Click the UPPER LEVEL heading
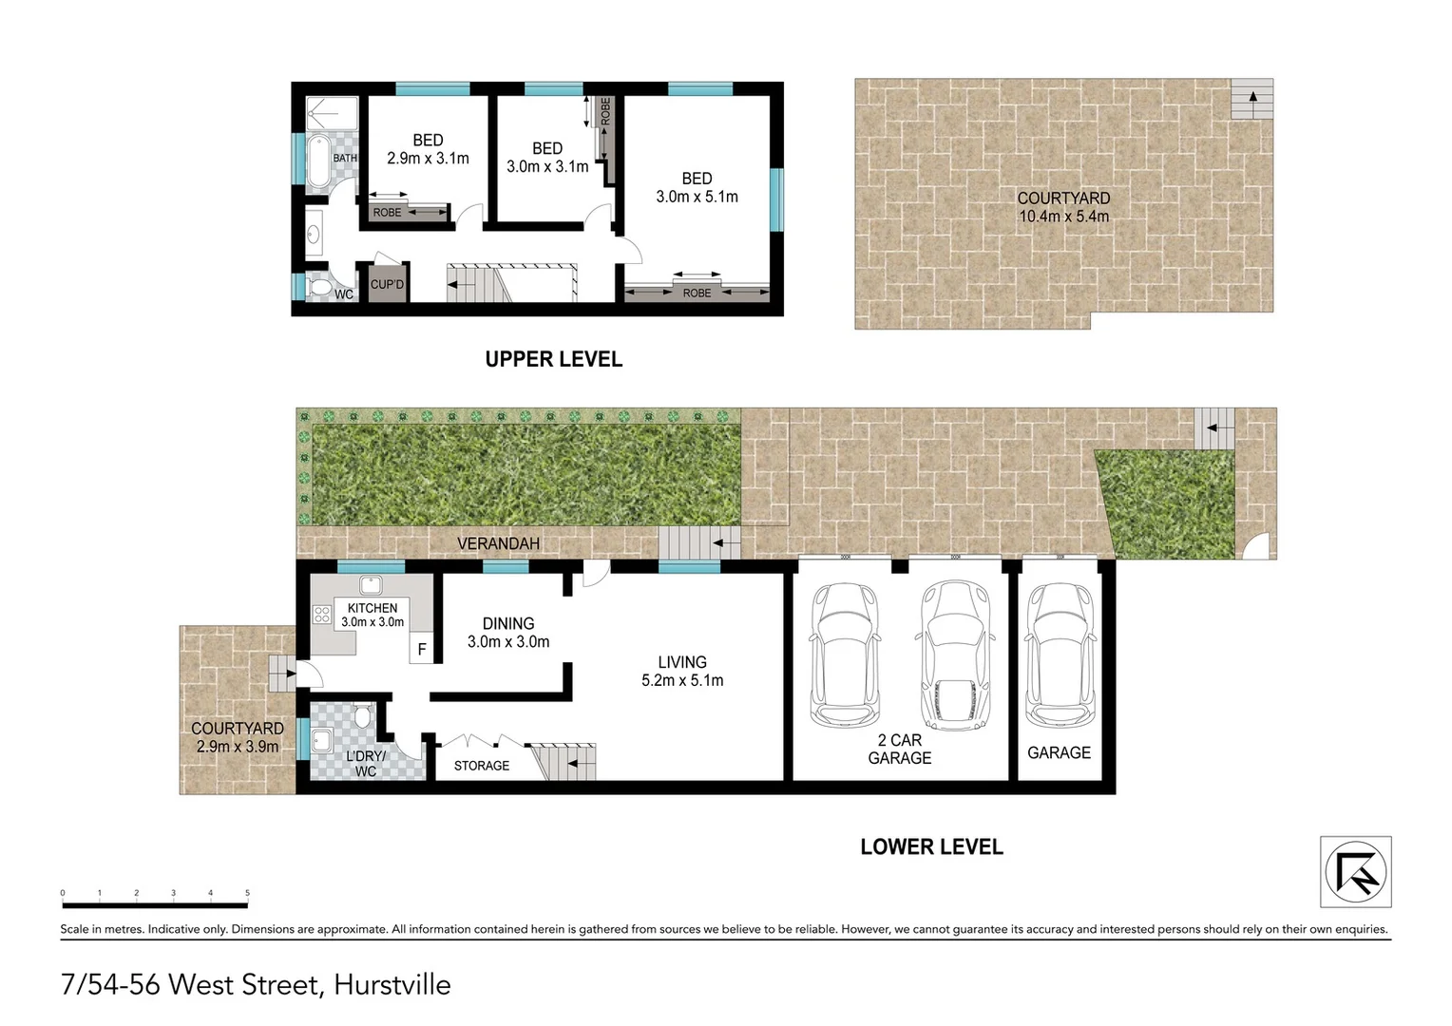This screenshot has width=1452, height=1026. click(x=553, y=359)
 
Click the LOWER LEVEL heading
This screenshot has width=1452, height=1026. click(x=931, y=846)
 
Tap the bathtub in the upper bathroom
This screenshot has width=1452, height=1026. click(x=317, y=161)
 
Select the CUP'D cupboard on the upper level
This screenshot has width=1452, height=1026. click(x=387, y=284)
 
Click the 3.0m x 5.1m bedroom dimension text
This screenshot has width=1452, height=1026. click(x=697, y=197)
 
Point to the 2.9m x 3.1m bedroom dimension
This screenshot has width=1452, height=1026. click(x=428, y=159)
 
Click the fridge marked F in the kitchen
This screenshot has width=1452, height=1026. click(x=422, y=650)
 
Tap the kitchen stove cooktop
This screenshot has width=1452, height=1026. click(x=322, y=615)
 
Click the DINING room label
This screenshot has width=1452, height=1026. click(x=508, y=623)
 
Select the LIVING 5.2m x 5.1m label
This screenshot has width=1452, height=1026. click(x=682, y=671)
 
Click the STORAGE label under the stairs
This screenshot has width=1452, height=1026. click(x=481, y=766)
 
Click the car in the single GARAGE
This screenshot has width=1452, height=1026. click(x=1059, y=656)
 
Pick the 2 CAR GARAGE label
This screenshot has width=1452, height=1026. click(x=899, y=749)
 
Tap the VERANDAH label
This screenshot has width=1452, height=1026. click(x=498, y=543)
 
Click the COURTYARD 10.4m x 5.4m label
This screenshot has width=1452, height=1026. click(x=1063, y=207)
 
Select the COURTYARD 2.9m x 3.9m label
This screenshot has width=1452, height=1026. click(x=238, y=737)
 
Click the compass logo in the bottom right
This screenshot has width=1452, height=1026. click(x=1355, y=871)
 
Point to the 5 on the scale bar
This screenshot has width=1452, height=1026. click(x=247, y=893)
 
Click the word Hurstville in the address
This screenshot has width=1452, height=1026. click(x=392, y=984)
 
